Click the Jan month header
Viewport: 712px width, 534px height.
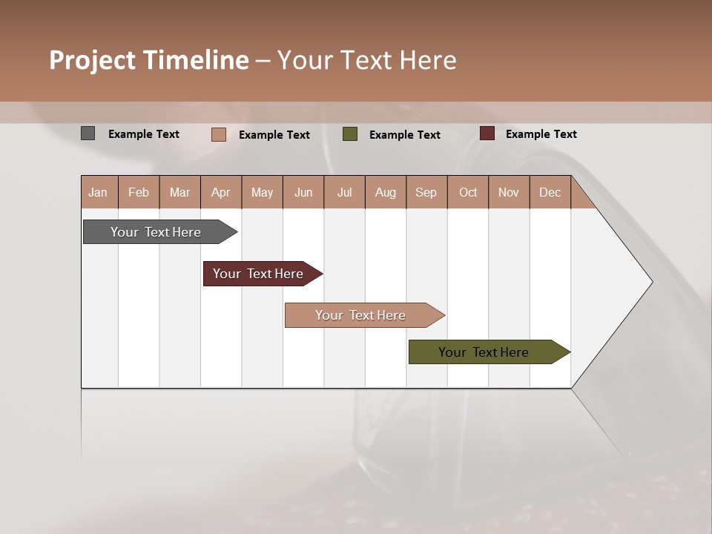pos(99,192)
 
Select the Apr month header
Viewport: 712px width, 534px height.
pos(221,192)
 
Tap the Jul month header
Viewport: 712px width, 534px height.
pos(345,192)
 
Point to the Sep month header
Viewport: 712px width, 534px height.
pos(426,192)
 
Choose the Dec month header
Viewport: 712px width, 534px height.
pos(550,192)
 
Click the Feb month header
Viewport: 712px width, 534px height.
pos(139,192)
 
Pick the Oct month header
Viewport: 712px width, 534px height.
pos(468,192)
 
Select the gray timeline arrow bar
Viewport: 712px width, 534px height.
pos(156,232)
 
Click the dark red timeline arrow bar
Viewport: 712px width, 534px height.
pos(258,274)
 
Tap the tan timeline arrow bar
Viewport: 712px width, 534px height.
pos(360,315)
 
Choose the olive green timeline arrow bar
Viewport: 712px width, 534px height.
pos(484,352)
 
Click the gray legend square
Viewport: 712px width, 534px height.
pos(88,133)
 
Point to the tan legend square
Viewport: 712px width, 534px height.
pos(219,134)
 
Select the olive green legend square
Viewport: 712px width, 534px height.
pos(350,134)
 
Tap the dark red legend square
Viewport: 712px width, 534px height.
pos(487,133)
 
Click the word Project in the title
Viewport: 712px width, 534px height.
pos(92,60)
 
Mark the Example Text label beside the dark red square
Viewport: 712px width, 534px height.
pos(541,133)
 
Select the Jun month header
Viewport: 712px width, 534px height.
pos(303,192)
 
